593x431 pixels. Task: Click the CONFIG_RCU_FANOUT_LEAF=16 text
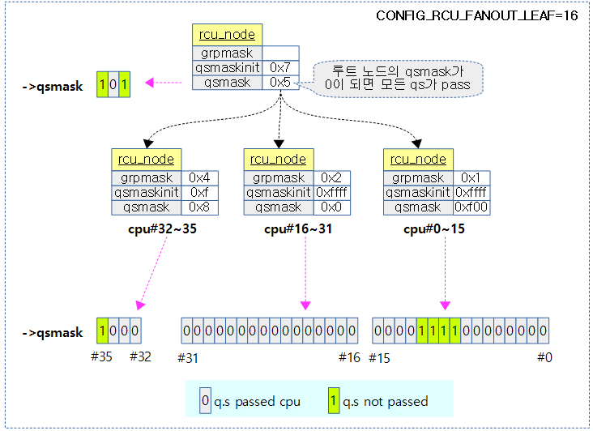(477, 15)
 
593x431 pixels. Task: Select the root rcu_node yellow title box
(227, 35)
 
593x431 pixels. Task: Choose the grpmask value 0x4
(198, 178)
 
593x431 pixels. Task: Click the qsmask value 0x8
(198, 207)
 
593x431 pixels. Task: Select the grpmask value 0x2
(331, 178)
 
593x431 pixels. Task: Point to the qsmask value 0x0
(331, 207)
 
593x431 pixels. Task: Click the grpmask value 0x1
(471, 178)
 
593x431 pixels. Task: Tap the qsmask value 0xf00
(471, 207)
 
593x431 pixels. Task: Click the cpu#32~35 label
(162, 229)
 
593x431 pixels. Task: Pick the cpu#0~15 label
(434, 229)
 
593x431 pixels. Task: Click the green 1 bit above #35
(102, 331)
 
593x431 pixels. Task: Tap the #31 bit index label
(188, 356)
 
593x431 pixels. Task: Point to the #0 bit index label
(544, 356)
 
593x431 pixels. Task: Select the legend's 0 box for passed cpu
(205, 400)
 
